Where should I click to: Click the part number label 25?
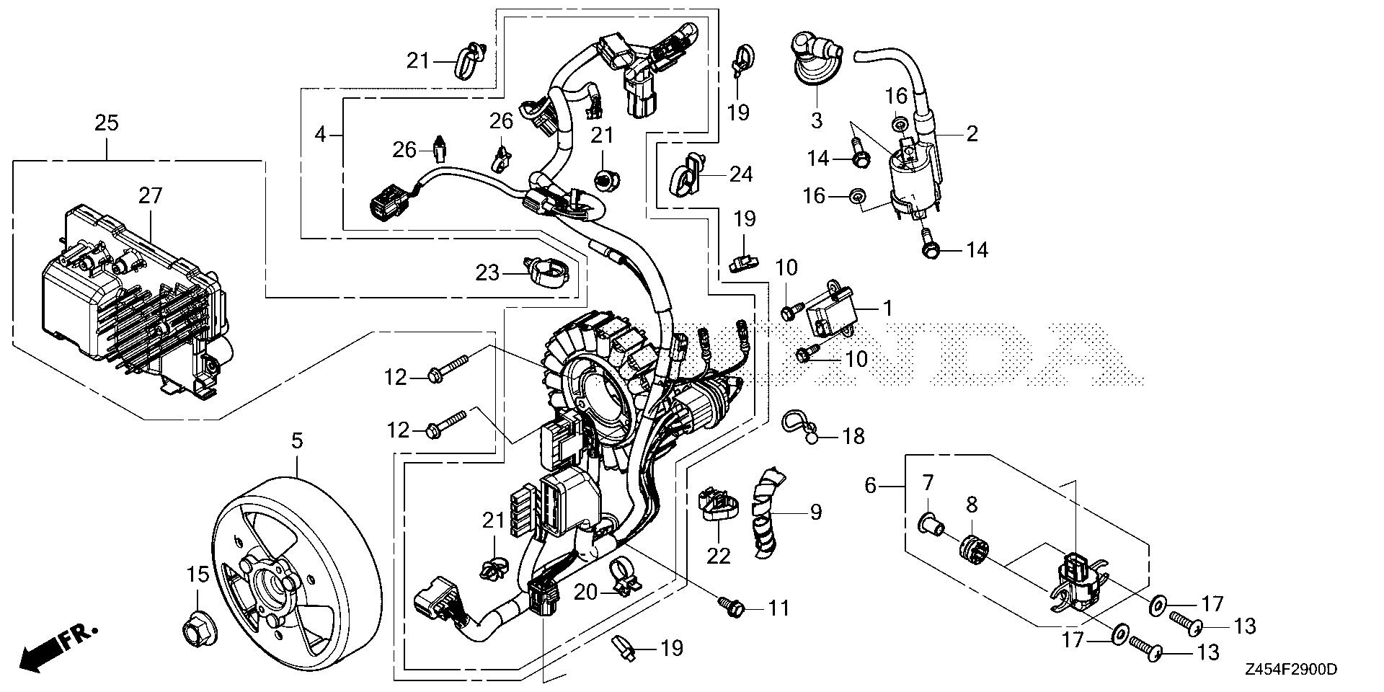pos(106,123)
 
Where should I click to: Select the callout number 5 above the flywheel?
pos(298,440)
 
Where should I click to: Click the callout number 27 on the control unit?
pos(151,196)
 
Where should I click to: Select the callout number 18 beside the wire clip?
pos(853,436)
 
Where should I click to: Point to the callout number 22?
pos(719,555)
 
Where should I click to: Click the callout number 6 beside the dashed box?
pos(870,486)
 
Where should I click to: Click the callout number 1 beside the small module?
pos(888,309)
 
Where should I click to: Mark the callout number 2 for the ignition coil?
pos(972,133)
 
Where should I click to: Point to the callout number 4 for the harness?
pos(320,134)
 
